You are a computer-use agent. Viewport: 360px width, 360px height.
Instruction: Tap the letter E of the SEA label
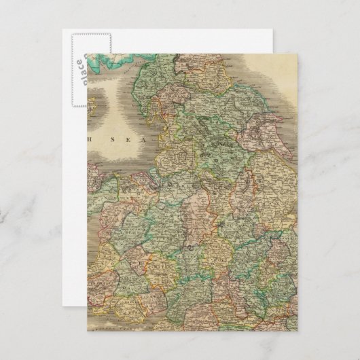coord(119,143)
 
